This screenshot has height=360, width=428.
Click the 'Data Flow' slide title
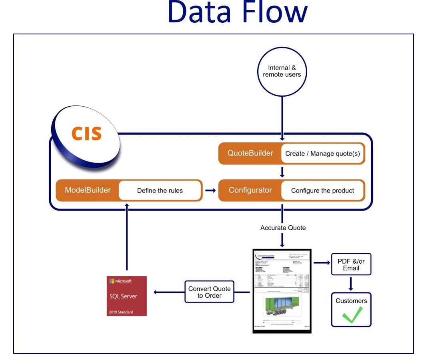(237, 12)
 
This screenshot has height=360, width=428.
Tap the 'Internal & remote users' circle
(282, 71)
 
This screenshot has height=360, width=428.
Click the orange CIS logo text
(86, 133)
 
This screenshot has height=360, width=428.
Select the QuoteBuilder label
(250, 153)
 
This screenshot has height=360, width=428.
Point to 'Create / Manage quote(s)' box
(322, 154)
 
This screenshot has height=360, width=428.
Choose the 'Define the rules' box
(160, 191)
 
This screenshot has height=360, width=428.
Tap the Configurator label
(250, 190)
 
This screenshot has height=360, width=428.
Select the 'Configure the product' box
(322, 191)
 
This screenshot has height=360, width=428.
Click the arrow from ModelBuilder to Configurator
(210, 190)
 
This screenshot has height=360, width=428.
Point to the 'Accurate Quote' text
(283, 228)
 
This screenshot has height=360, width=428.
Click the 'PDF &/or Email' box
(351, 265)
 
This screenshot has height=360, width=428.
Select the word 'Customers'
(351, 300)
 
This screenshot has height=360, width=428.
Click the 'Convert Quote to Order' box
(209, 292)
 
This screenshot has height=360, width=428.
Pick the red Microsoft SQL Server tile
(126, 296)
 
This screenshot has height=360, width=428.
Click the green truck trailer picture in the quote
(282, 307)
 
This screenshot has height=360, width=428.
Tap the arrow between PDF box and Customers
(351, 283)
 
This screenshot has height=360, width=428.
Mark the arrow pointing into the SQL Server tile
(168, 292)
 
